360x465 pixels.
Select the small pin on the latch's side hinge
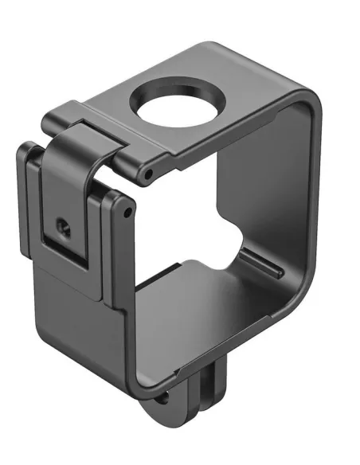(126, 213)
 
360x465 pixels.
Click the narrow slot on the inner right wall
(260, 264)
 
